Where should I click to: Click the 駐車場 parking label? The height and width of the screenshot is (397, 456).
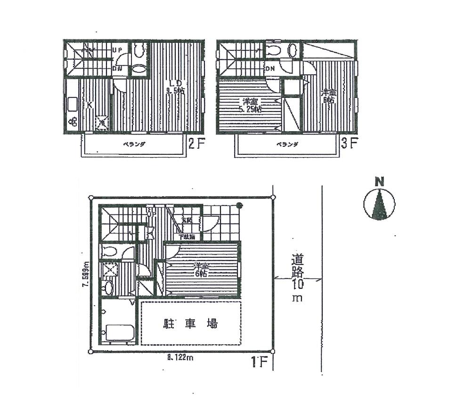[x=190, y=324]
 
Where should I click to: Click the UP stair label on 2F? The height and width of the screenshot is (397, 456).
[x=117, y=49]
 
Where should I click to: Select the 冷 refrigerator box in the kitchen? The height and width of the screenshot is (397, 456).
[x=102, y=123]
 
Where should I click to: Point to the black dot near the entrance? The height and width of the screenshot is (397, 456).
[x=239, y=205]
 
